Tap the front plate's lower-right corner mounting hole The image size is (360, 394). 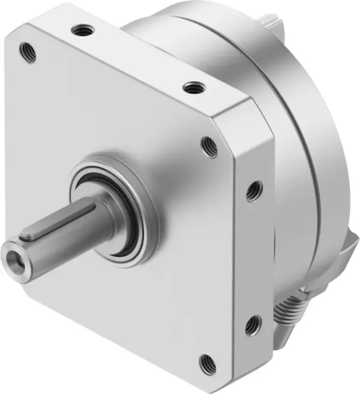pos(207,362)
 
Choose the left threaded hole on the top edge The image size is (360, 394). pos(79,28)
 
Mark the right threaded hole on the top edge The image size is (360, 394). pos(191,88)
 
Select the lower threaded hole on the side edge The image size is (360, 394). pos(253,326)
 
